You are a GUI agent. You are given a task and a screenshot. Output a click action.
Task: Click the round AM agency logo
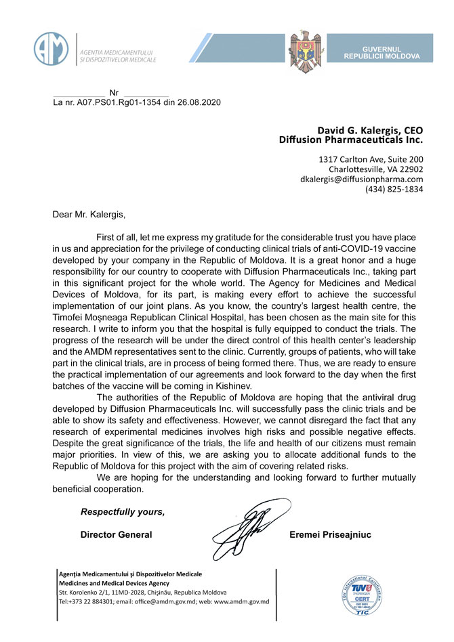[x=51, y=48]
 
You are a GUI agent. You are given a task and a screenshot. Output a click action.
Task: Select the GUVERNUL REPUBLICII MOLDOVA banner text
[x=383, y=53]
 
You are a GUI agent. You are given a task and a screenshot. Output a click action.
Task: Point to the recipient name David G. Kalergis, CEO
[x=370, y=130]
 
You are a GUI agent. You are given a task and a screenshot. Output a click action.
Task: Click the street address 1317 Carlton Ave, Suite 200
[x=371, y=160]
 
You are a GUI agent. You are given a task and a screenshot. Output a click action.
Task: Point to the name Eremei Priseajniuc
[x=330, y=535]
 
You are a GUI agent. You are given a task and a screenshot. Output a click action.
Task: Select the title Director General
[x=116, y=535]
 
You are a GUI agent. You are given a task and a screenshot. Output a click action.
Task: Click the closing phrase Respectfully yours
[x=122, y=511]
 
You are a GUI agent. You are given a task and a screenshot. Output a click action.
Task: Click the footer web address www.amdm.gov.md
[x=241, y=601]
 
